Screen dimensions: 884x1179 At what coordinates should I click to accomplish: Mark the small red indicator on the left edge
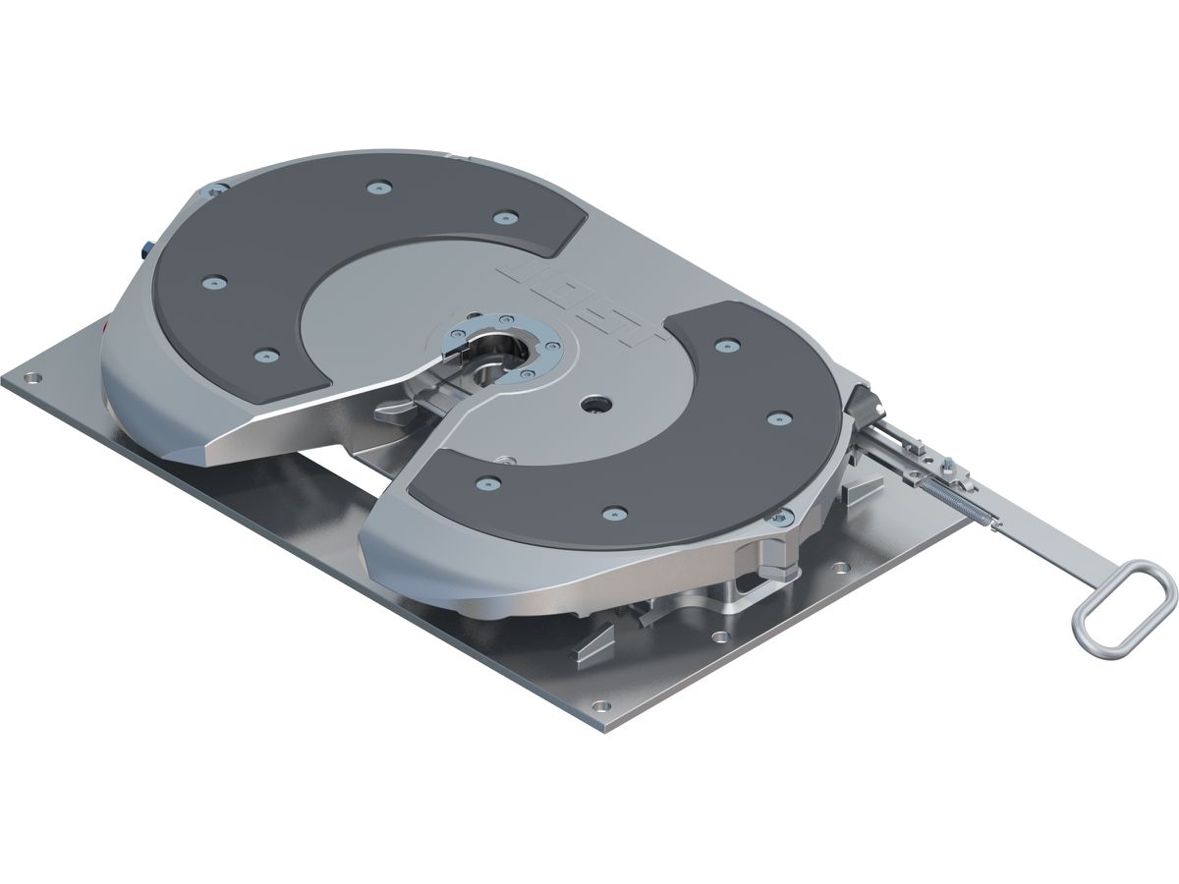click(x=106, y=325)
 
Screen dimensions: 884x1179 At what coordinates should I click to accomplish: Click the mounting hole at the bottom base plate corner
click(x=596, y=703)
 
